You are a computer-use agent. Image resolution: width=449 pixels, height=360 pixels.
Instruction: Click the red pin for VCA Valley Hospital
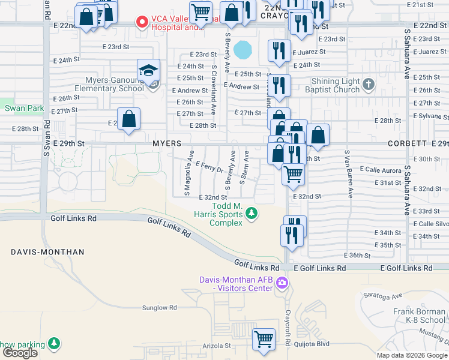point(142,23)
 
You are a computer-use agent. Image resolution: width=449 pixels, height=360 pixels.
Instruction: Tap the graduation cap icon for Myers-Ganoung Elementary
point(148,71)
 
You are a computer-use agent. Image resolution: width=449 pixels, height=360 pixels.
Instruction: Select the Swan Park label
point(16,108)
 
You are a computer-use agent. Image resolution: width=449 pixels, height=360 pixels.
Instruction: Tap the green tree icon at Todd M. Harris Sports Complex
point(253,213)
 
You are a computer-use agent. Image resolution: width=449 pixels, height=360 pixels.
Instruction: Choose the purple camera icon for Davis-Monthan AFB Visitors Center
point(282,284)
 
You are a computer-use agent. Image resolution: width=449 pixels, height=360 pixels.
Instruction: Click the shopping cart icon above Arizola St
point(264,340)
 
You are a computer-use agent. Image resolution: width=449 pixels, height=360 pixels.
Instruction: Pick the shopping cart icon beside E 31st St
point(293,175)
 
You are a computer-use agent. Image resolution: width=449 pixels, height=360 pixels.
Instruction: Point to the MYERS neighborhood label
point(167,144)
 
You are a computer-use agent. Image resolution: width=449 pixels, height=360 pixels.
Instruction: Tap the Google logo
point(20,353)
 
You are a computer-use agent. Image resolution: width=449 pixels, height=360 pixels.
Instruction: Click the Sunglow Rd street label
point(159,308)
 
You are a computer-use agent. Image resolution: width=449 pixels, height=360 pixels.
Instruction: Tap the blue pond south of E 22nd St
point(243,49)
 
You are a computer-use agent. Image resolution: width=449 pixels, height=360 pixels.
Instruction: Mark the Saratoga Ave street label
point(388,296)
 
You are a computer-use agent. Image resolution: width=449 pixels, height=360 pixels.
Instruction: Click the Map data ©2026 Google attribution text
point(412,355)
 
